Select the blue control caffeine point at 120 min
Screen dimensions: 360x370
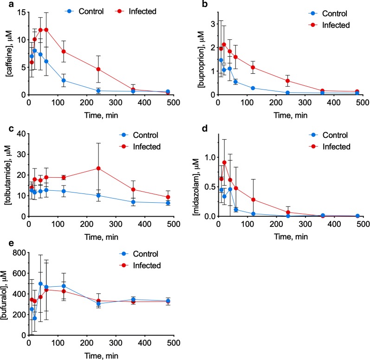pyautogui.click(x=64, y=80)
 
